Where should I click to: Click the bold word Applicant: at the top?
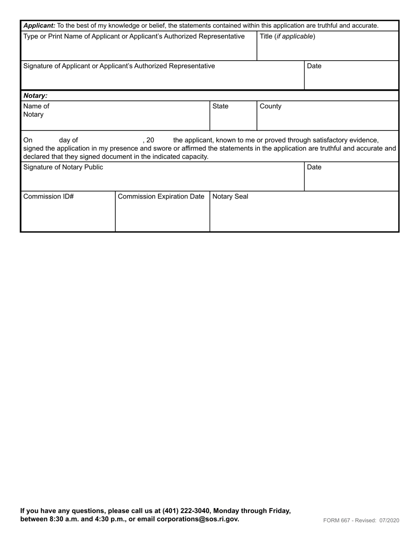tap(39, 26)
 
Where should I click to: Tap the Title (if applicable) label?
tap(287, 36)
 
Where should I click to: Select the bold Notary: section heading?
tap(35, 96)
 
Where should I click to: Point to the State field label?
tap(221, 107)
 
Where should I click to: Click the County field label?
tap(271, 107)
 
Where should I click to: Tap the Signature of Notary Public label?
tap(63, 167)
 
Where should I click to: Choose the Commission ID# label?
tap(48, 197)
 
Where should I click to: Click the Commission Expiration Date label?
tap(161, 197)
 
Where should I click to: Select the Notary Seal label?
tap(230, 197)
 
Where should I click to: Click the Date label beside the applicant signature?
tap(314, 66)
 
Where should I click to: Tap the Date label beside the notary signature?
tap(314, 168)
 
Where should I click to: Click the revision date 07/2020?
tap(389, 521)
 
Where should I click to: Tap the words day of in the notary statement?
tap(69, 141)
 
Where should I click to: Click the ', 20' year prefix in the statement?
tap(149, 141)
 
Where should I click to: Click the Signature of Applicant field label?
tap(119, 66)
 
